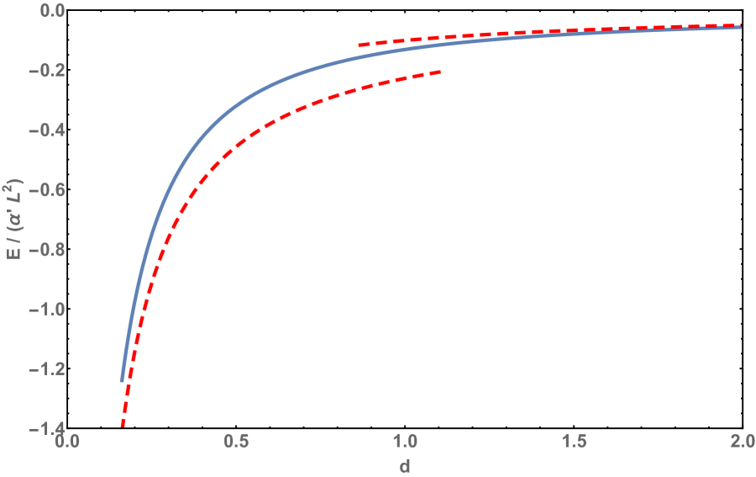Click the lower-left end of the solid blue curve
[122, 381]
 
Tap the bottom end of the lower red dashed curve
[123, 425]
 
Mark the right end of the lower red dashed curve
[440, 72]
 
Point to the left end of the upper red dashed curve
[359, 45]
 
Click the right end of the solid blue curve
[741, 28]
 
